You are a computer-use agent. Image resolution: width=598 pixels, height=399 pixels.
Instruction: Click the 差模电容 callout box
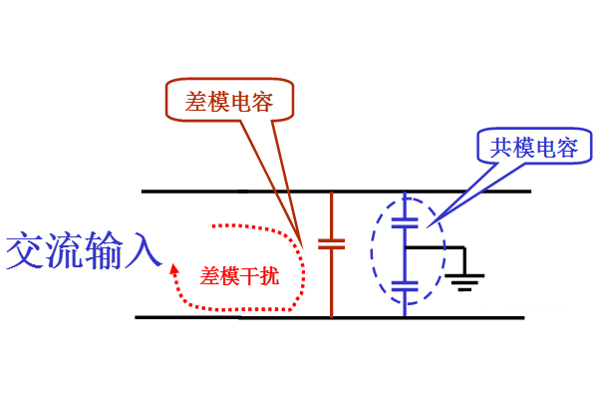229,102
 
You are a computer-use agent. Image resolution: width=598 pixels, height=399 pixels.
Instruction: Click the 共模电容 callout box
534,149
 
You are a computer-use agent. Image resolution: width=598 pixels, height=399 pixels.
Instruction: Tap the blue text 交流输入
83,251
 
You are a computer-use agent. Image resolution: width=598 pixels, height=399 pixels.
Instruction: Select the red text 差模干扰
240,277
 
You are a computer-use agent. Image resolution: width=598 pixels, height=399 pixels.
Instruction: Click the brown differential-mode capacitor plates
331,242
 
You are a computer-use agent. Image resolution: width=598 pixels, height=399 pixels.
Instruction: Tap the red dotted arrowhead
174,267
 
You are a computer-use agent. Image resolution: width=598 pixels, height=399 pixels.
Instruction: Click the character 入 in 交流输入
142,251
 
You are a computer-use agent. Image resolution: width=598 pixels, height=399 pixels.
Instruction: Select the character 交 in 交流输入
24,251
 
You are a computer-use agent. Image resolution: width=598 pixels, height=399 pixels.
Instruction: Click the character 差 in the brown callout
196,102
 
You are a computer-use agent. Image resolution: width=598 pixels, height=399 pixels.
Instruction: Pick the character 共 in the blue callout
501,149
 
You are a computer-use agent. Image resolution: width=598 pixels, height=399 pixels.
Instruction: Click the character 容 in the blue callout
567,149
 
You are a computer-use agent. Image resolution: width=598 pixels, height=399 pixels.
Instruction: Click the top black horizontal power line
249,191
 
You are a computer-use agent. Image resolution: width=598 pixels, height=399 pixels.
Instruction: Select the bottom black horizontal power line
249,318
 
